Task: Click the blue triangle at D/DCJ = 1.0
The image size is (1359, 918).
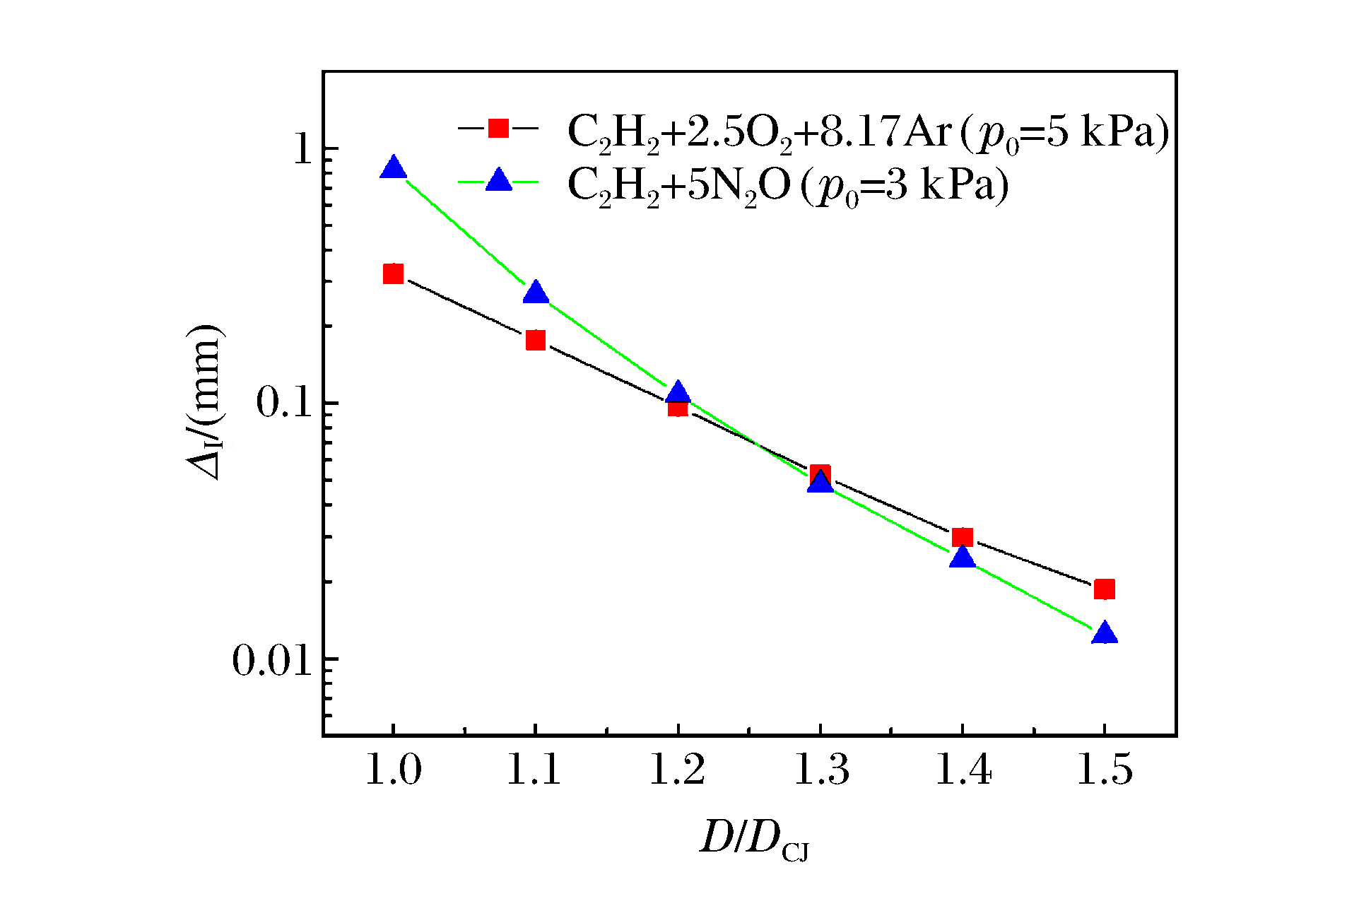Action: point(393,169)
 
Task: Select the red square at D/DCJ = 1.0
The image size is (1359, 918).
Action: point(394,273)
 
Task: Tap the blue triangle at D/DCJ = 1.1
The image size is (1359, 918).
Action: point(536,293)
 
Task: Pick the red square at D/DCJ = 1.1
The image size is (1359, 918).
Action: point(536,341)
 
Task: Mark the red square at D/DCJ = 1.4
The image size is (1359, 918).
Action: point(962,538)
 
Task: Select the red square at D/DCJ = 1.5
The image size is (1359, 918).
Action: point(1104,589)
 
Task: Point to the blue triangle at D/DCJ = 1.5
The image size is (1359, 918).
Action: point(1104,633)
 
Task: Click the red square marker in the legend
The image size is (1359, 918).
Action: point(498,128)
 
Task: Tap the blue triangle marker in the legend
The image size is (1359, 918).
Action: point(498,181)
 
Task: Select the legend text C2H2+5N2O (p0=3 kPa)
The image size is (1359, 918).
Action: point(787,186)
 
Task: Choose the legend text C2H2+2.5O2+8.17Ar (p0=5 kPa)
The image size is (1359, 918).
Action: point(868,132)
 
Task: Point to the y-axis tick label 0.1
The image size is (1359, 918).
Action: point(284,403)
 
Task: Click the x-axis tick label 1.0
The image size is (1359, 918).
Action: point(393,770)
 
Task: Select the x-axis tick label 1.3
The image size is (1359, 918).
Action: point(820,770)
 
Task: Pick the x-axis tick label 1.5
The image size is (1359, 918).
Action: point(1104,770)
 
